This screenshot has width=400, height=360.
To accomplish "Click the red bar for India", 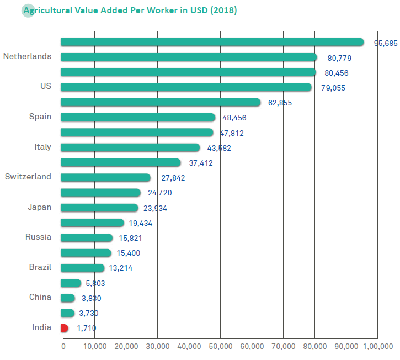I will coord(65,328).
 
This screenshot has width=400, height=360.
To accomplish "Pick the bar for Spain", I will coord(138,117).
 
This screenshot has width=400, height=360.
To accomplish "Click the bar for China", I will coord(68,298).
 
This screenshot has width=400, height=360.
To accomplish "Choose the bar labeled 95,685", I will coord(212,42).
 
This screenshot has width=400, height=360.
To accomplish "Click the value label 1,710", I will coord(87,329).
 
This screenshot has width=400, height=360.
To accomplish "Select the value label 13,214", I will coord(121,268).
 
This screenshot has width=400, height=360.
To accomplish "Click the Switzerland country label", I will coord(28,177).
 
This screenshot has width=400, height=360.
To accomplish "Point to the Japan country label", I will coord(39,207).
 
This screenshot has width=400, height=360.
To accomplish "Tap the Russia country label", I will coord(38,237).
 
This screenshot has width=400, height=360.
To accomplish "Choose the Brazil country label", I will coord(40,267).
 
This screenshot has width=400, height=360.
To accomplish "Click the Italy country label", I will coord(42,147).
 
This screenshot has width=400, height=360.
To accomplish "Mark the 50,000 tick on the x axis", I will coord(220,346).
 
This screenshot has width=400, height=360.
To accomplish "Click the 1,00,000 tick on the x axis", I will coord(377,346).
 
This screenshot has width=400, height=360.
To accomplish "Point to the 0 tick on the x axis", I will coord(63,346).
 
